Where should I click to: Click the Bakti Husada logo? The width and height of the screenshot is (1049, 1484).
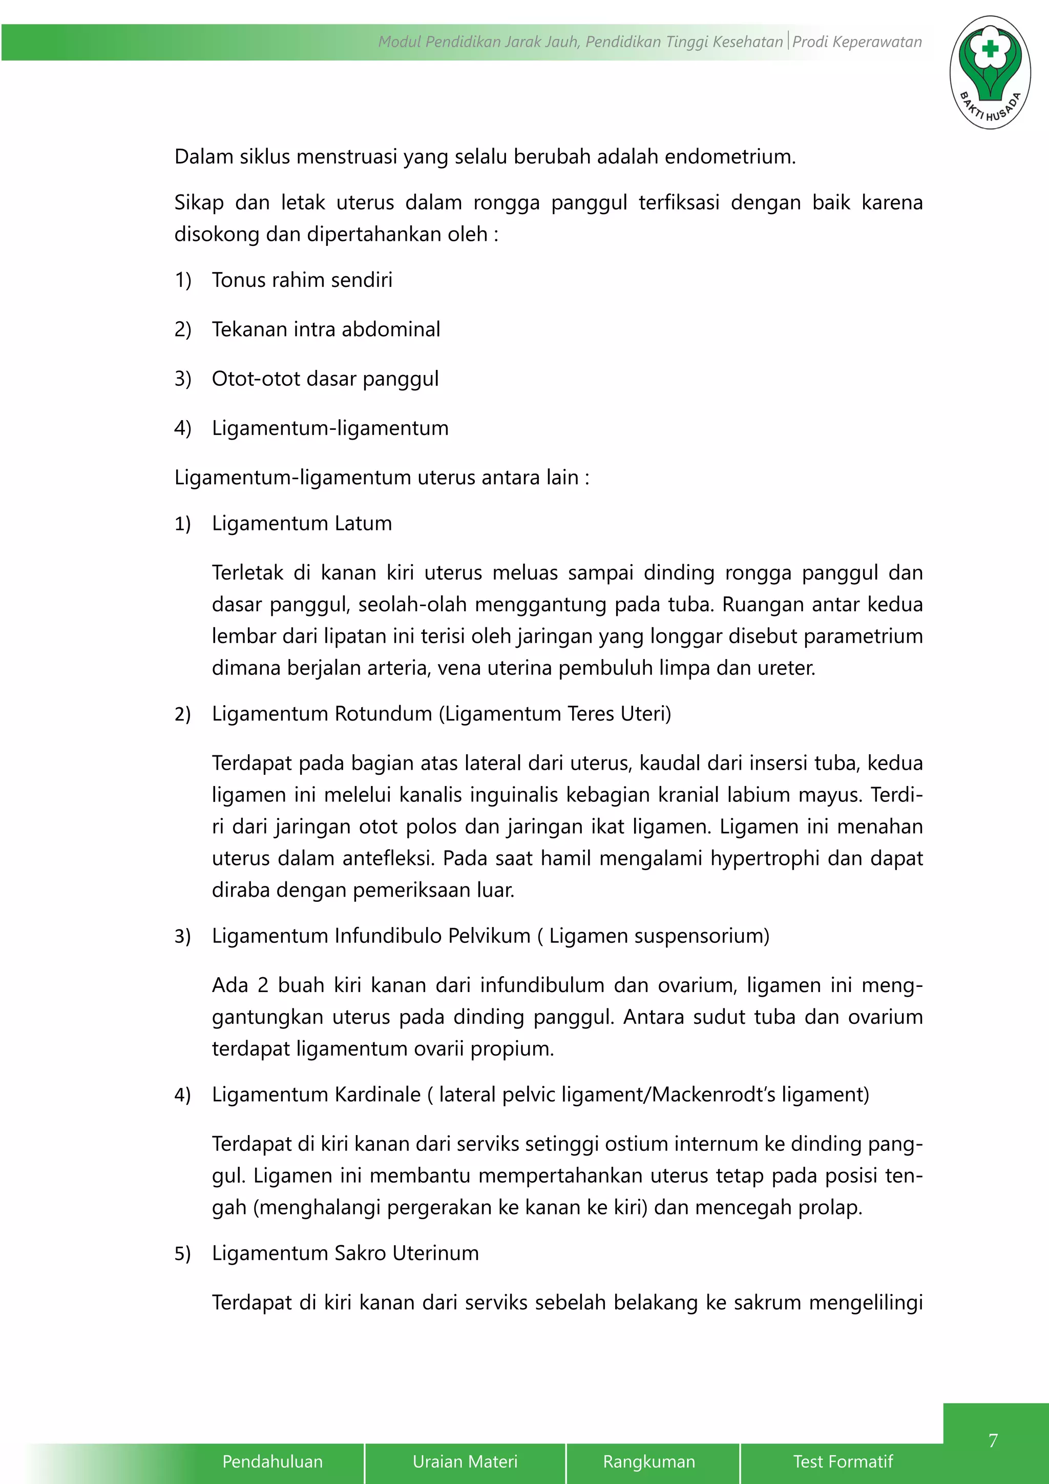point(990,72)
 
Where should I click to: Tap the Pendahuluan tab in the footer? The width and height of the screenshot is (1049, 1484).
point(272,1461)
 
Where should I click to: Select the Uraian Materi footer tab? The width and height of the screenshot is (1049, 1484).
point(465,1461)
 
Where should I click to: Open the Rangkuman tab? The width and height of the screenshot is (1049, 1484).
point(649,1461)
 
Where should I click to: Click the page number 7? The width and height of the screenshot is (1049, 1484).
point(993,1440)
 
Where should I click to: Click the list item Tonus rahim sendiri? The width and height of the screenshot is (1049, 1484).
point(302,280)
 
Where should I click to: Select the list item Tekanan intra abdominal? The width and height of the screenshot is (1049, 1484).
point(326,329)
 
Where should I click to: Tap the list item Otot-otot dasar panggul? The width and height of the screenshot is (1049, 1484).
point(325,379)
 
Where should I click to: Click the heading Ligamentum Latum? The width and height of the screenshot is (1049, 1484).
point(302,524)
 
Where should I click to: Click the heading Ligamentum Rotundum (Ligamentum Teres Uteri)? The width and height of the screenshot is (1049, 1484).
point(441,714)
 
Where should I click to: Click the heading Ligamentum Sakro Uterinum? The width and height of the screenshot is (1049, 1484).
point(345,1253)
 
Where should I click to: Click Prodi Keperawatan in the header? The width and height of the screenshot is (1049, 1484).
point(857,42)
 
